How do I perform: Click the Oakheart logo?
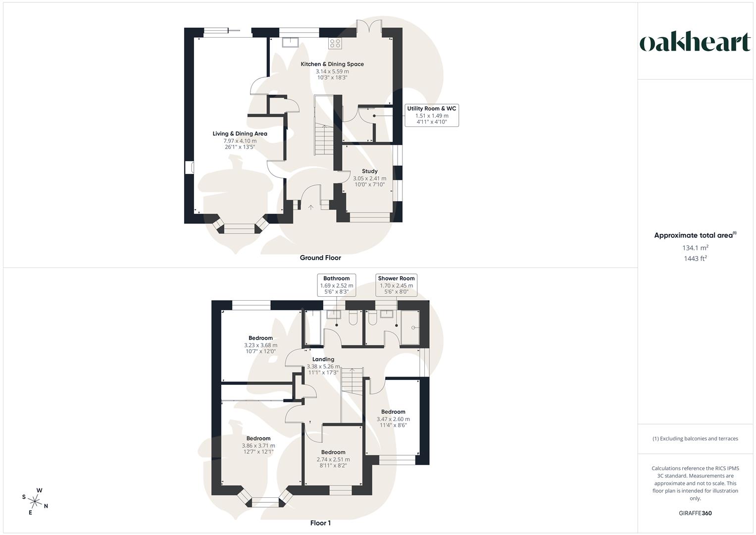click(x=695, y=43)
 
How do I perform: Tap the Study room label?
click(x=369, y=171)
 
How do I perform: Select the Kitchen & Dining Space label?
click(x=332, y=64)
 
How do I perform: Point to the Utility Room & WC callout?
click(x=432, y=115)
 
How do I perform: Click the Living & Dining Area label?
click(x=240, y=134)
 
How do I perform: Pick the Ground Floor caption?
click(x=320, y=258)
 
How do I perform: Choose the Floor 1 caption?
click(x=320, y=523)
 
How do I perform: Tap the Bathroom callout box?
click(x=337, y=285)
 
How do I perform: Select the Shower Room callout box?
click(x=396, y=285)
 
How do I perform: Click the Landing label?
click(x=323, y=359)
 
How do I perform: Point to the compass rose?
click(x=35, y=501)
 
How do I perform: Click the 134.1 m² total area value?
click(x=695, y=248)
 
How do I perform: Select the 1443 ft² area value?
click(x=695, y=258)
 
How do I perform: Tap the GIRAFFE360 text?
click(x=695, y=513)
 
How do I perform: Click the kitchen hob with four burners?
click(x=335, y=43)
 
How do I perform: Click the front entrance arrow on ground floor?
click(x=311, y=208)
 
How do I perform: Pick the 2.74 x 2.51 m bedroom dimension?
click(x=333, y=459)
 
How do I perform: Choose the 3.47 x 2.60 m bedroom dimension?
click(x=393, y=419)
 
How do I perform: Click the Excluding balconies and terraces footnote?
click(x=695, y=438)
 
